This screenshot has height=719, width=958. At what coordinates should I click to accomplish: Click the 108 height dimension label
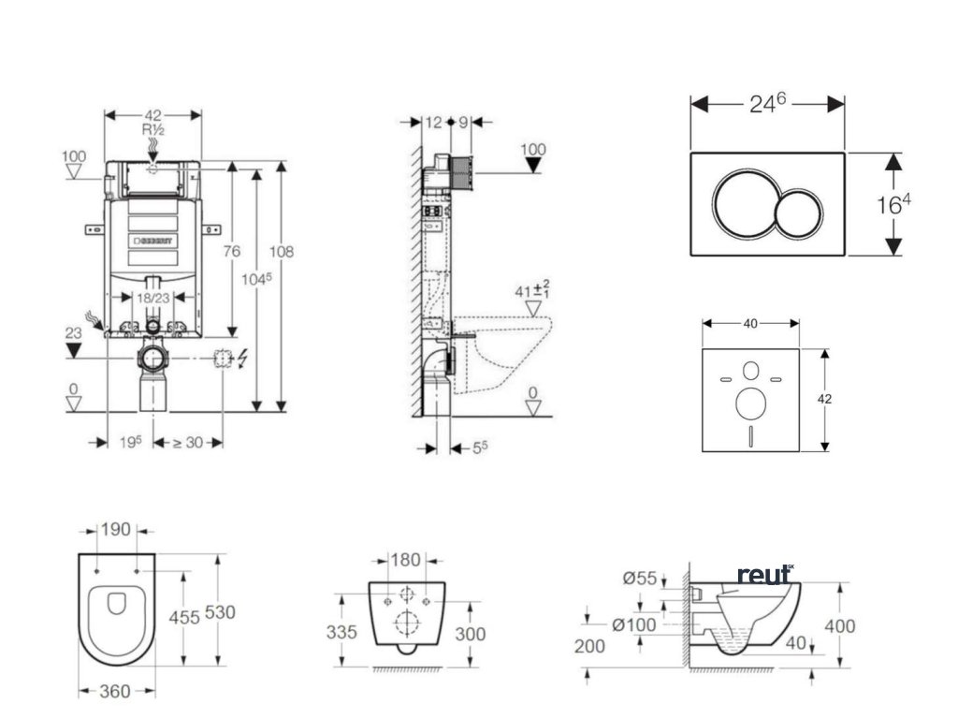pyautogui.click(x=282, y=252)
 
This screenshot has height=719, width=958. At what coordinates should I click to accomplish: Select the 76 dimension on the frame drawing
pyautogui.click(x=232, y=251)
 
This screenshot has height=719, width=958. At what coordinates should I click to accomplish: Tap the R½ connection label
pyautogui.click(x=152, y=129)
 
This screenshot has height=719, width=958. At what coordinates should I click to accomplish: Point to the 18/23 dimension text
pyautogui.click(x=152, y=297)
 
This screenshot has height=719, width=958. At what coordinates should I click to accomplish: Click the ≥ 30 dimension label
pyautogui.click(x=187, y=442)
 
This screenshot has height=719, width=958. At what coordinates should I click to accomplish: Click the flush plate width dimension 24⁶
pyautogui.click(x=767, y=104)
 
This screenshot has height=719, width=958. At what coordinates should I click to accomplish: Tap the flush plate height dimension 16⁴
pyautogui.click(x=894, y=205)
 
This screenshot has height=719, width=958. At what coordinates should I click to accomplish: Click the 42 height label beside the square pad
pyautogui.click(x=824, y=399)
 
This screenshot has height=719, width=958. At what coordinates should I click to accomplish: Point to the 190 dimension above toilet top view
pyautogui.click(x=116, y=530)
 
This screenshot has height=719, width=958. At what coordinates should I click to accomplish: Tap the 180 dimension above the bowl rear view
pyautogui.click(x=405, y=561)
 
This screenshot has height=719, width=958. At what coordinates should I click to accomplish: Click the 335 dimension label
pyautogui.click(x=342, y=633)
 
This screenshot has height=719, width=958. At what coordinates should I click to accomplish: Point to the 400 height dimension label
pyautogui.click(x=842, y=626)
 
